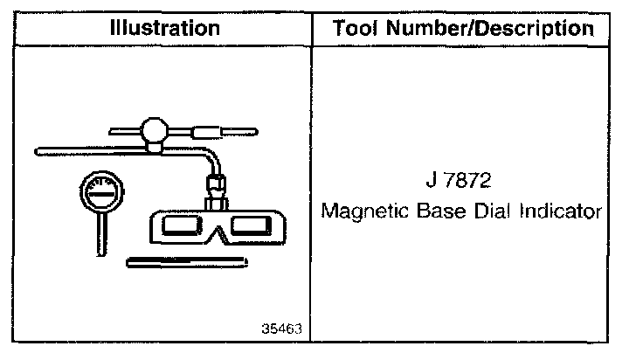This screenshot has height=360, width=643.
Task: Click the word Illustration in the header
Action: pyautogui.click(x=165, y=28)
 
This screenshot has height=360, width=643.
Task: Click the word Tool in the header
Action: pyautogui.click(x=355, y=28)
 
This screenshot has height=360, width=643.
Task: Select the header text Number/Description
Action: pyautogui.click(x=490, y=29)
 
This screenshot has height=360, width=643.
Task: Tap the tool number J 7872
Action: pyautogui.click(x=459, y=180)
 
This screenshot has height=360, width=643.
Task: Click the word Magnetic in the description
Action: pyautogui.click(x=365, y=211)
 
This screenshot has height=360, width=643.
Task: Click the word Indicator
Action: pyautogui.click(x=560, y=211)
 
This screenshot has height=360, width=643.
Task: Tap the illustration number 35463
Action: pyautogui.click(x=281, y=329)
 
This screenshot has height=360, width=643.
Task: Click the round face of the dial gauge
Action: pyautogui.click(x=101, y=192)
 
